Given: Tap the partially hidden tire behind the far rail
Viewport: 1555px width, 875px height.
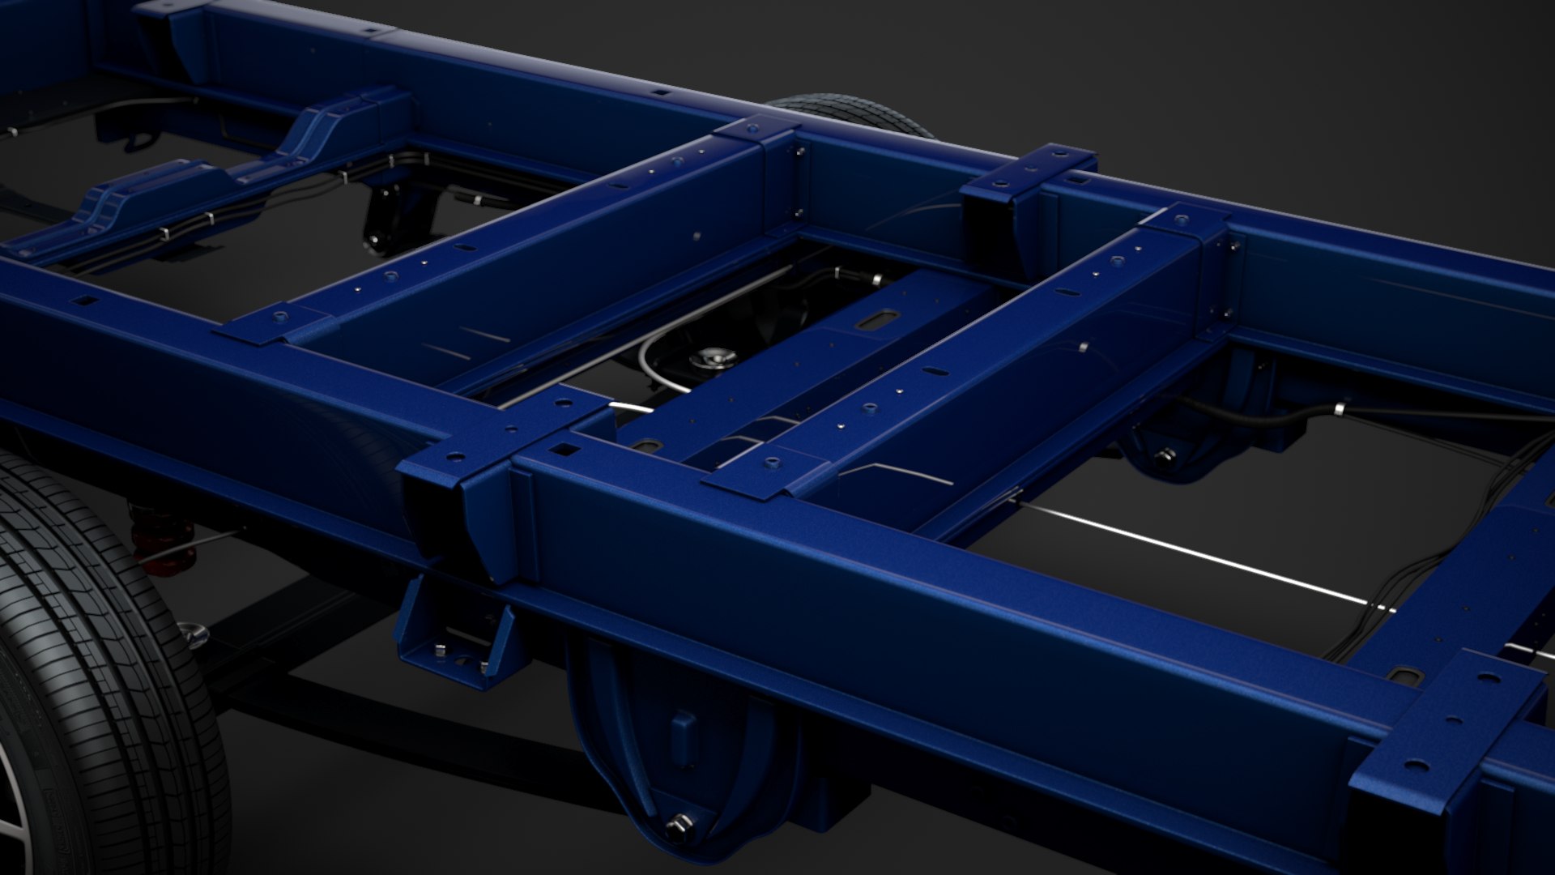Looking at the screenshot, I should coord(850,113).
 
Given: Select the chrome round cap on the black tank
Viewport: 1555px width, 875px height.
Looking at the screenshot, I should coord(711,356).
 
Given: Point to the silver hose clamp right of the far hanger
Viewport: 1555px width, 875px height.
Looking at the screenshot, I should coord(1340,410).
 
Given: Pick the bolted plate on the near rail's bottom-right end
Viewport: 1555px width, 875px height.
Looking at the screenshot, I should coord(1450,729).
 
